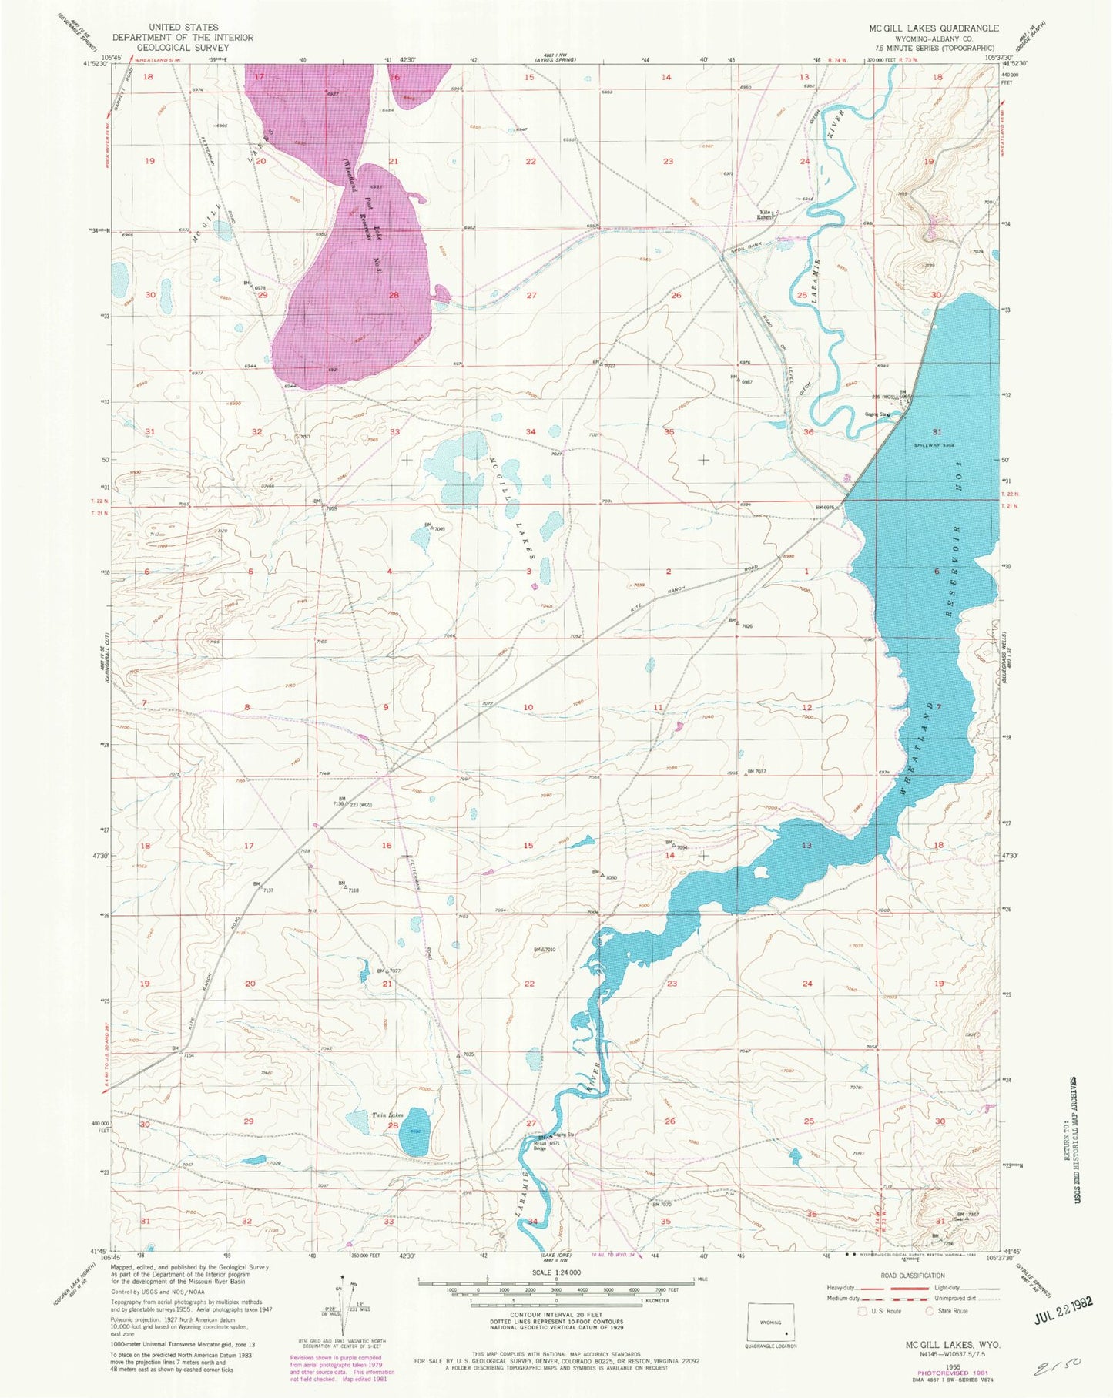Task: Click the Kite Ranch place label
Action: click(x=766, y=215)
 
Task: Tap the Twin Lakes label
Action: click(x=387, y=1115)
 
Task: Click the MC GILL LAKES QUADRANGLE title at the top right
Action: click(x=934, y=28)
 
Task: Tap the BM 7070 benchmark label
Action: click(x=662, y=1205)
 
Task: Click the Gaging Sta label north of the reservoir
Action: click(x=879, y=415)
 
